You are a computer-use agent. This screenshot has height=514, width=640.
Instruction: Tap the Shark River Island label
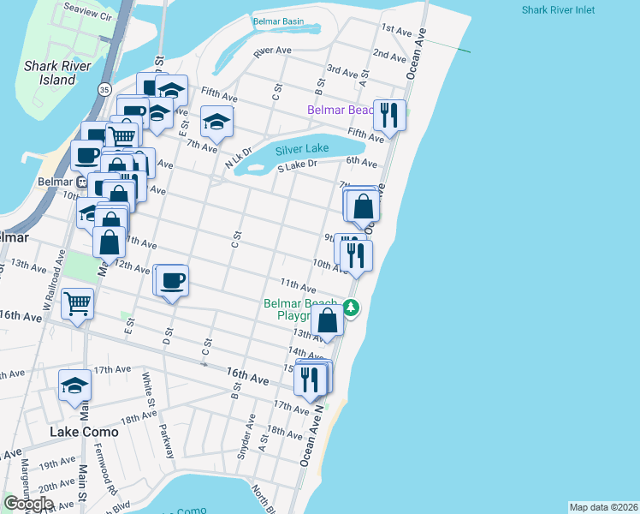coord(52,71)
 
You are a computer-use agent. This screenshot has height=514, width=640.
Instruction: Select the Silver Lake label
coord(302,149)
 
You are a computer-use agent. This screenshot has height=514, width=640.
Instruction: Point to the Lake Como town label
coord(84,432)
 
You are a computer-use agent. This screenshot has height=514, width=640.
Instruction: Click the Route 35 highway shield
coord(104,88)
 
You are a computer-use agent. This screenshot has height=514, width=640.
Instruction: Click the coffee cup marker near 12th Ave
coord(172,280)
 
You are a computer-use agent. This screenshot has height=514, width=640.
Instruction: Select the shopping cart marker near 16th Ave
coord(78,302)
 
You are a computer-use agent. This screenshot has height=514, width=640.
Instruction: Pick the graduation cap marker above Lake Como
coord(75,386)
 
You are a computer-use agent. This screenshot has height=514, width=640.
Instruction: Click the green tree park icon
coord(351,307)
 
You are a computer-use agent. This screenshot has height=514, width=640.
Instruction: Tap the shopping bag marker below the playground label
coord(328,322)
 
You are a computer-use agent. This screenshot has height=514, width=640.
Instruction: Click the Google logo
coord(28,504)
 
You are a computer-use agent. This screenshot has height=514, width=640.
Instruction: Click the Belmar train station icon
coord(82,182)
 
